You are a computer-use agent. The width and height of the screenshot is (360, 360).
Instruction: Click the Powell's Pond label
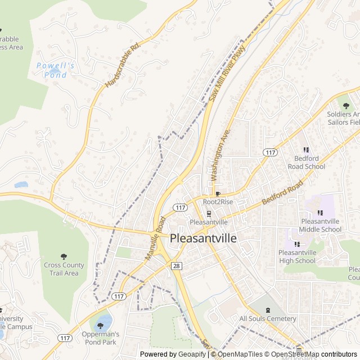coord(56,70)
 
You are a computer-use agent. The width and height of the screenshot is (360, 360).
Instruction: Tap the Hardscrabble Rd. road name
coord(121,66)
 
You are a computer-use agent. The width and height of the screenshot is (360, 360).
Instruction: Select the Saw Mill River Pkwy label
coord(228,73)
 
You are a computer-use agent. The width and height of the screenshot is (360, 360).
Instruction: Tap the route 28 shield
coord(177,265)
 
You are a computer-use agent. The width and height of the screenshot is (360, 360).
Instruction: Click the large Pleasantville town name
coord(203,238)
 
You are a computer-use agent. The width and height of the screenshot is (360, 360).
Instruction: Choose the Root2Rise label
coord(218,201)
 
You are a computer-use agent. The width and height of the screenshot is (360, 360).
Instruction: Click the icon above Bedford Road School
coord(307,150)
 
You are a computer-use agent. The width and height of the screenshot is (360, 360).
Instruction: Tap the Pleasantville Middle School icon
coord(321,213)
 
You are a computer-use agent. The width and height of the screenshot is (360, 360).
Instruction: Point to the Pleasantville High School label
coord(297,256)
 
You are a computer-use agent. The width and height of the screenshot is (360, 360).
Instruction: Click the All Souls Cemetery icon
coord(268,310)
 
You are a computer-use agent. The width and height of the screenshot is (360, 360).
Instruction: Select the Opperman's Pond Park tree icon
coord(101,325)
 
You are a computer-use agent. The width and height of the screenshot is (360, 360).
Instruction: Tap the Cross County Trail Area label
coord(64,269)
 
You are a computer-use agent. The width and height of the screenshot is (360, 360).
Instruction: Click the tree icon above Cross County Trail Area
coord(64,256)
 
